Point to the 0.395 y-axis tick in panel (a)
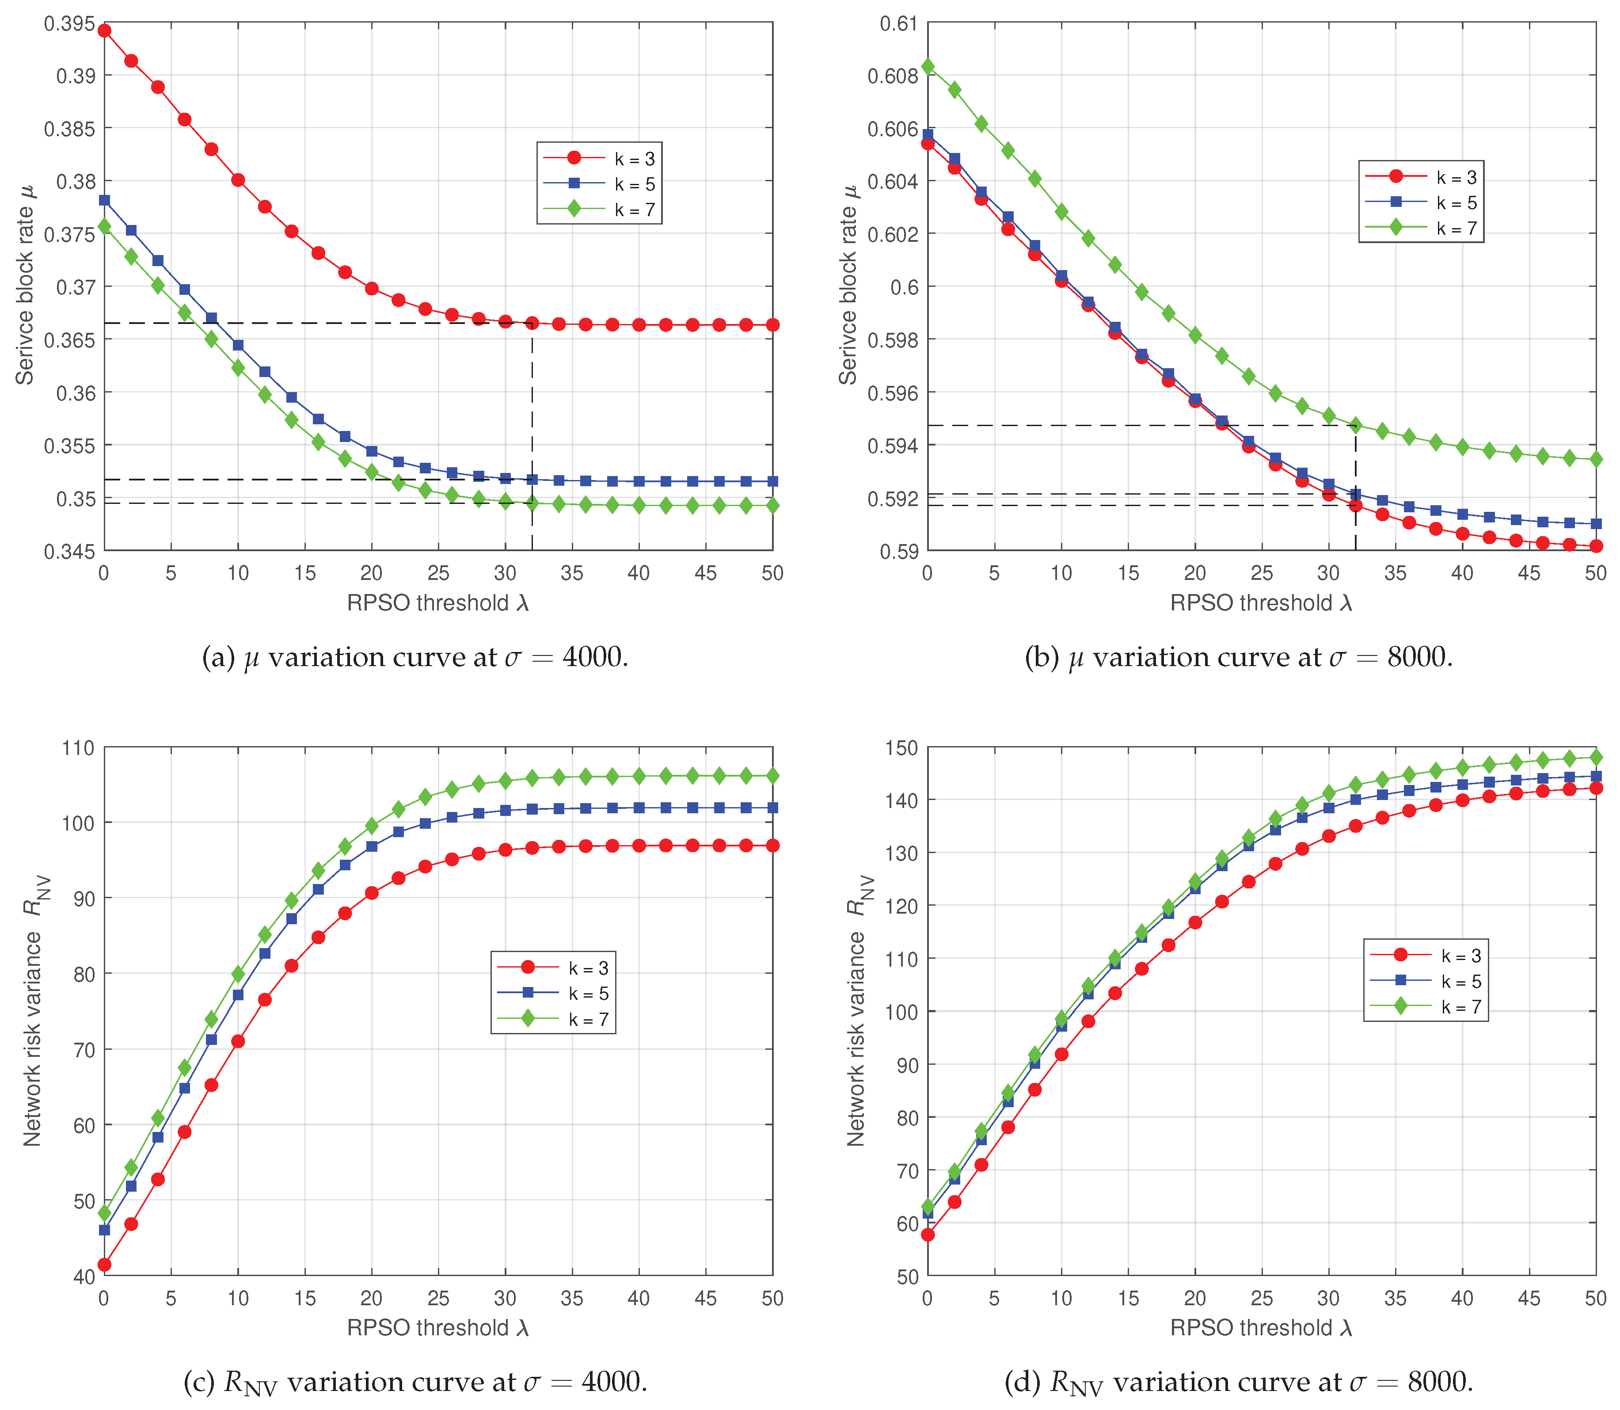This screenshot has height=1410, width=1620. [69, 23]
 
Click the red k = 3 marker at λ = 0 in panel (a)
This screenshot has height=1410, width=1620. [104, 30]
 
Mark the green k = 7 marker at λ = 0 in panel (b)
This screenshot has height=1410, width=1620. [928, 66]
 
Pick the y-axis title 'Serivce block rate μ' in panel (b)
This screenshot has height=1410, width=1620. [848, 285]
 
